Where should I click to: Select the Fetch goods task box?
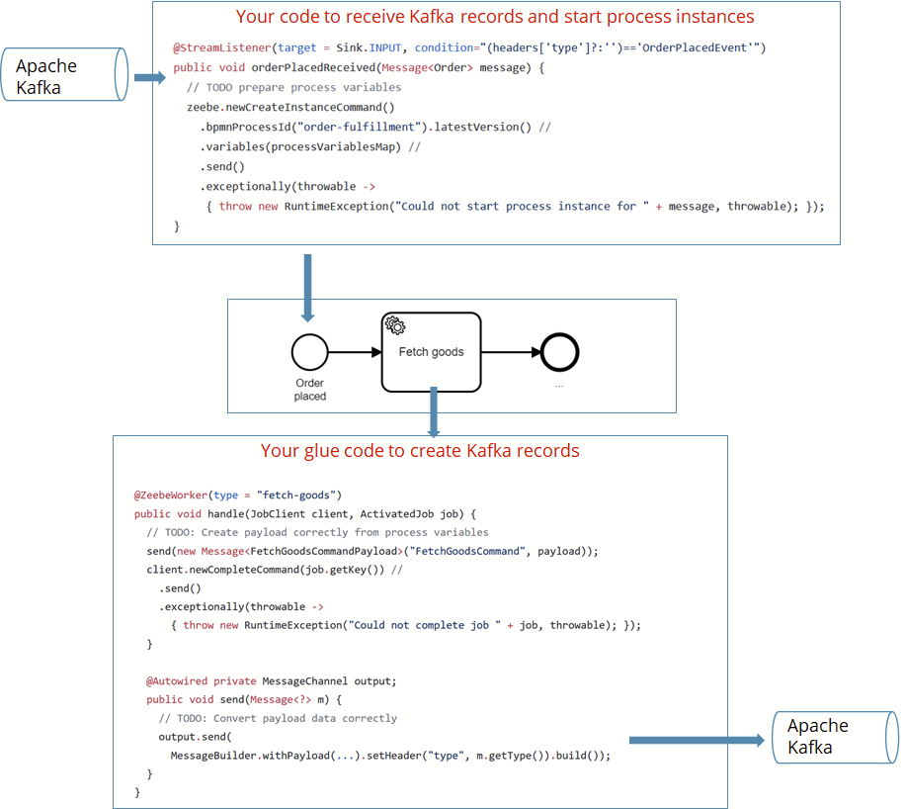click(x=431, y=352)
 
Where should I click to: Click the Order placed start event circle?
click(x=309, y=352)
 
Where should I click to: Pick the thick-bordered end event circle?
click(x=559, y=352)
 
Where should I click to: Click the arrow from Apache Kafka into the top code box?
click(x=149, y=77)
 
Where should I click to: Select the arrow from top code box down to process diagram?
click(x=307, y=287)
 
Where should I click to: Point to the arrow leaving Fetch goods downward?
click(x=432, y=413)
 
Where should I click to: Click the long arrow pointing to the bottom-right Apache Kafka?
click(x=697, y=740)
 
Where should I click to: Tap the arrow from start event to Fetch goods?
click(x=354, y=352)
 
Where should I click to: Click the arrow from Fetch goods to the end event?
click(x=510, y=352)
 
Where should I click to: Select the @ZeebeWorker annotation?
click(x=172, y=494)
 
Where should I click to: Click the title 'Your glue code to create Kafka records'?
click(x=420, y=451)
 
